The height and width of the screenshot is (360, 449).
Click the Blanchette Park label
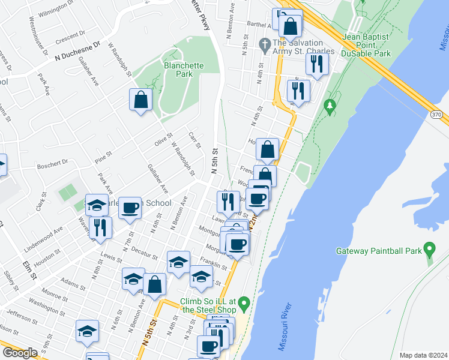coord(183,70)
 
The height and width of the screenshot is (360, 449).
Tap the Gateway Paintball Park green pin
coord(429,248)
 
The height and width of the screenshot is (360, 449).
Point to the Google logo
coord(20,353)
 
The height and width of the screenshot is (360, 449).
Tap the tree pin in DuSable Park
coord(329,107)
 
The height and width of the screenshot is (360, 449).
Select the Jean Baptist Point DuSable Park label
coord(366,45)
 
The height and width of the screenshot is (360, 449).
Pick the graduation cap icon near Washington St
coord(87,332)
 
